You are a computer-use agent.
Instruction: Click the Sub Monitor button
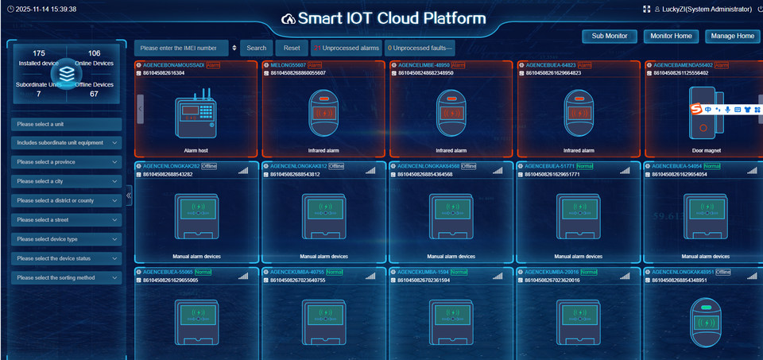[610, 36]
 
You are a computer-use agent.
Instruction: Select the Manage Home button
[732, 36]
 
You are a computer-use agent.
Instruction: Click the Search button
[256, 48]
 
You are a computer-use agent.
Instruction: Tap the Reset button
[292, 48]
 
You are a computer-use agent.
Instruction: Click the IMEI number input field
[183, 48]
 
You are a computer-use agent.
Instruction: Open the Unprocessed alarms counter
[346, 48]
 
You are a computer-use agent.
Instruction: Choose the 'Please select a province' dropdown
[67, 162]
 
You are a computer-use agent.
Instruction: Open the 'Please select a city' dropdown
[67, 181]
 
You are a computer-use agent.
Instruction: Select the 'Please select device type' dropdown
[67, 239]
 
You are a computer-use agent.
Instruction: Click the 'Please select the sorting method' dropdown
[67, 277]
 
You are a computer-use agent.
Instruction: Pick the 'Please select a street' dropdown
[67, 219]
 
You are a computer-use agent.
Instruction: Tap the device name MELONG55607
[289, 64]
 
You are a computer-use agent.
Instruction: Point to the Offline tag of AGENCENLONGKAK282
[209, 166]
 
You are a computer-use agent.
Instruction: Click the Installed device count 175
[39, 53]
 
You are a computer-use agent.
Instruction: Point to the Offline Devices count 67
[94, 94]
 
